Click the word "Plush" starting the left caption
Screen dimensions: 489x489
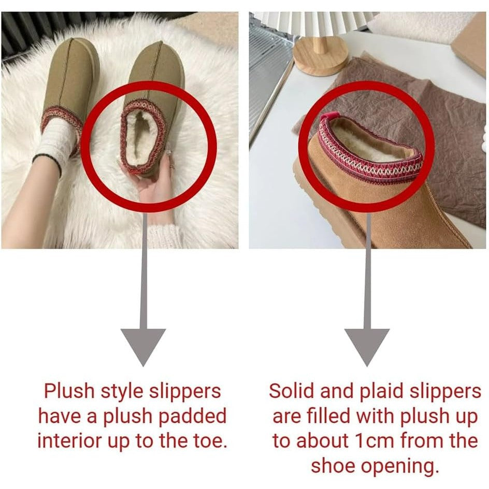[x=68, y=391]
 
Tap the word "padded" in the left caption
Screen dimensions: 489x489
[x=192, y=416]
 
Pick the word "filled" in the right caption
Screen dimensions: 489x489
[x=329, y=416]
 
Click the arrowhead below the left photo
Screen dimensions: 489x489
[x=143, y=347]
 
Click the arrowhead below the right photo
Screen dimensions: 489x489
[x=367, y=347]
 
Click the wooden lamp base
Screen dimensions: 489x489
[x=320, y=59]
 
